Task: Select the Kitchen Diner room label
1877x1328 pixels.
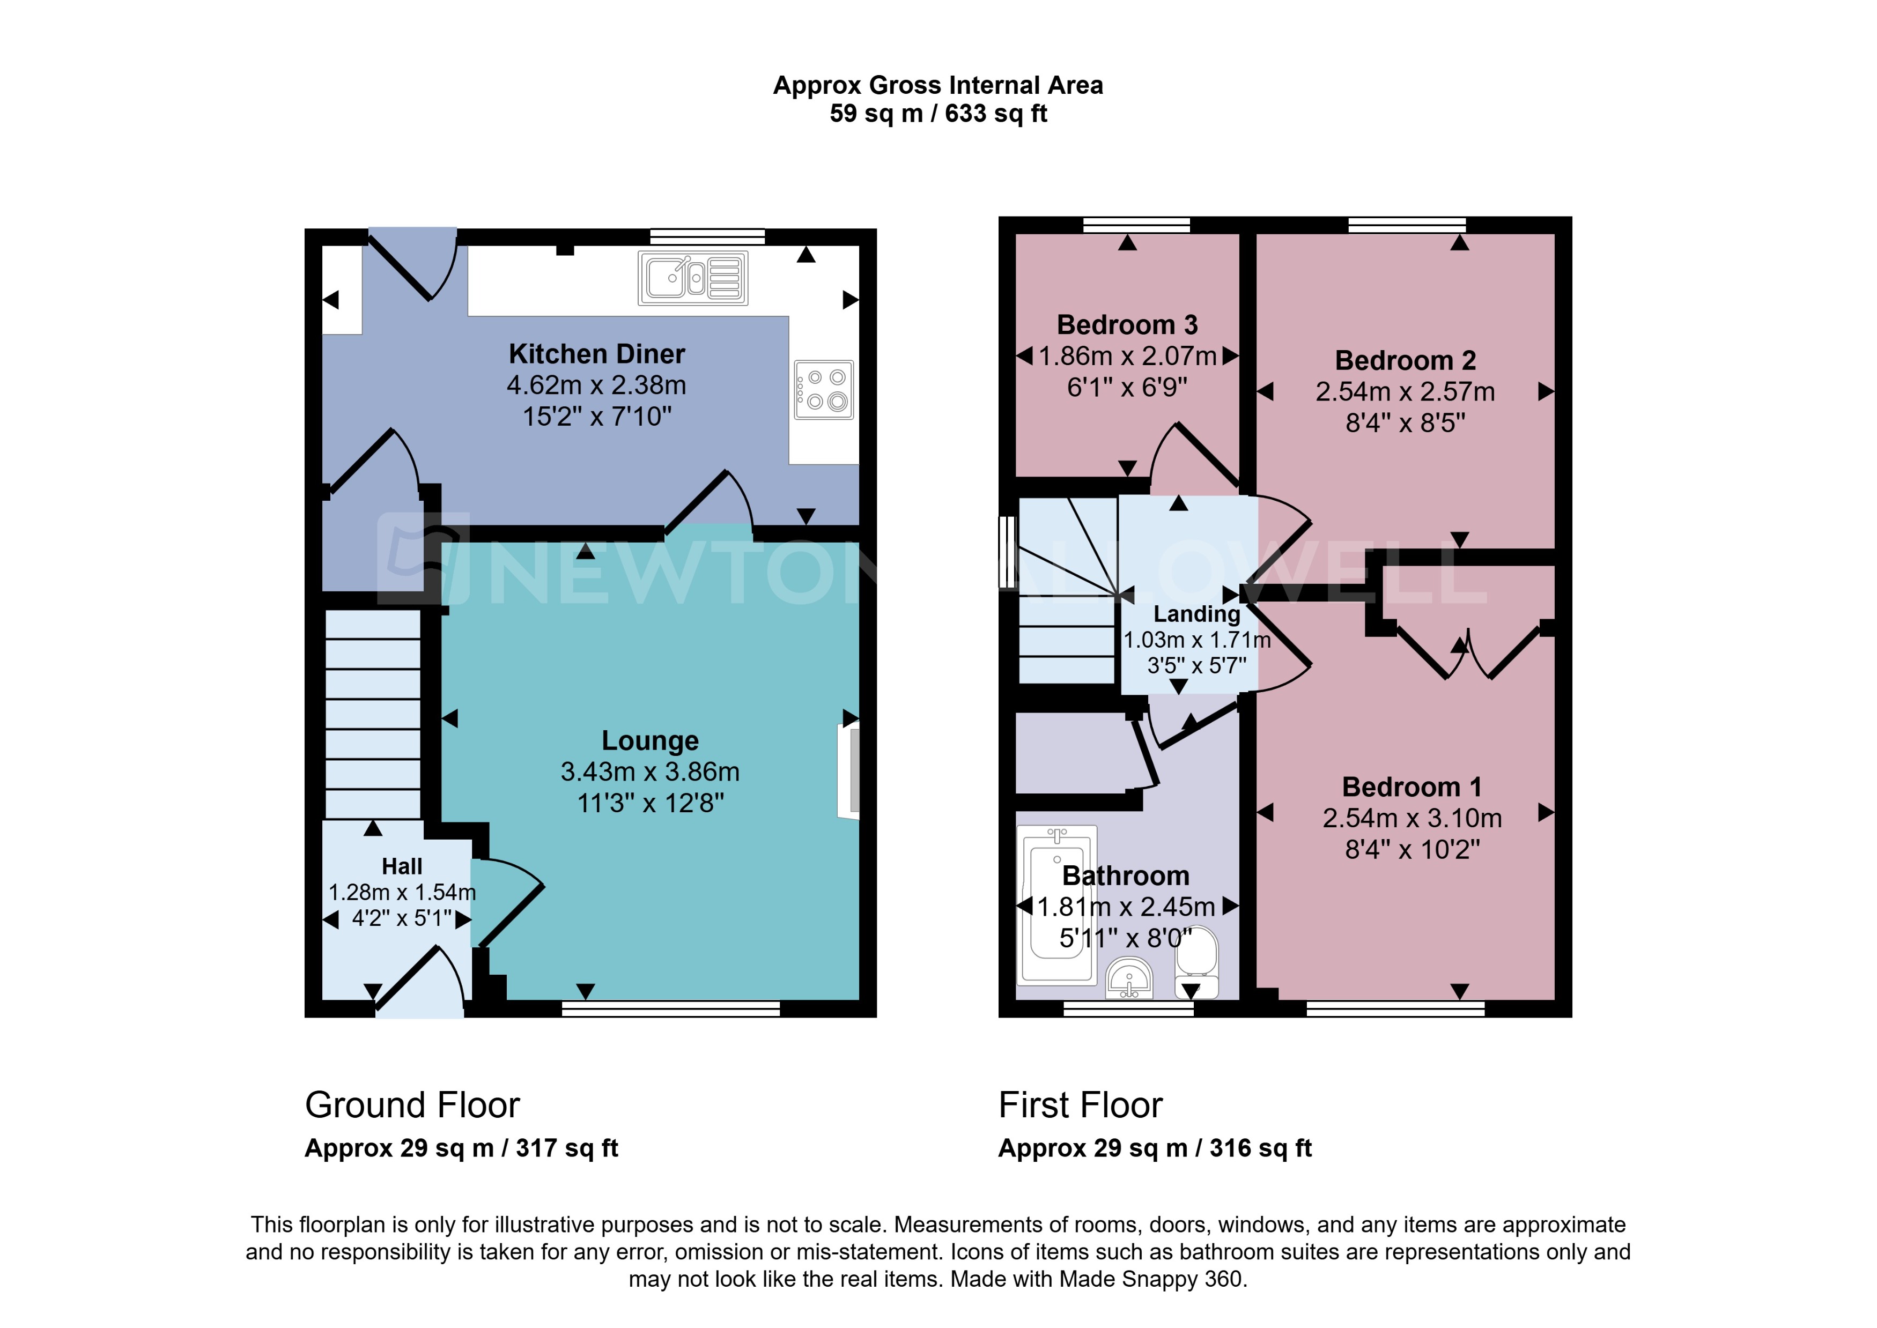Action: tap(596, 354)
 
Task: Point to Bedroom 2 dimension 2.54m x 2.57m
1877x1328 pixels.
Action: tap(1405, 392)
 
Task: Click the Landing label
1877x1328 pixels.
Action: tap(1196, 613)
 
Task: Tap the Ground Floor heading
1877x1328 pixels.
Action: tap(412, 1105)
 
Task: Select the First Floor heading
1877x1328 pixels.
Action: tap(1080, 1105)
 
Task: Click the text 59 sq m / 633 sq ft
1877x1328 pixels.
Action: tap(937, 114)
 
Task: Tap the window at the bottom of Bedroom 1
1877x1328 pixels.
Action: tap(1394, 1008)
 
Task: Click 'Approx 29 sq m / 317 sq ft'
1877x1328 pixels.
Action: tap(461, 1148)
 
